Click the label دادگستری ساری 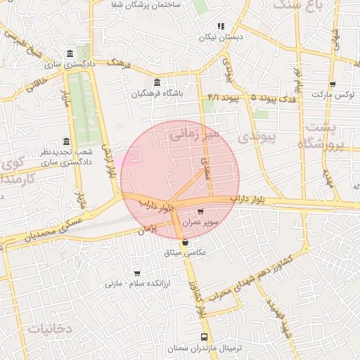70,65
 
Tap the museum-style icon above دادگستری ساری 70,54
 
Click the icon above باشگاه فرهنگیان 156,82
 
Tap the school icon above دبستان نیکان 221,26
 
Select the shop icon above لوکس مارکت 333,84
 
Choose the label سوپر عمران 202,221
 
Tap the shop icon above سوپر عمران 201,211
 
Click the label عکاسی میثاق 186,252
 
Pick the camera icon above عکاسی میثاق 186,243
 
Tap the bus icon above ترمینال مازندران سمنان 204,337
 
